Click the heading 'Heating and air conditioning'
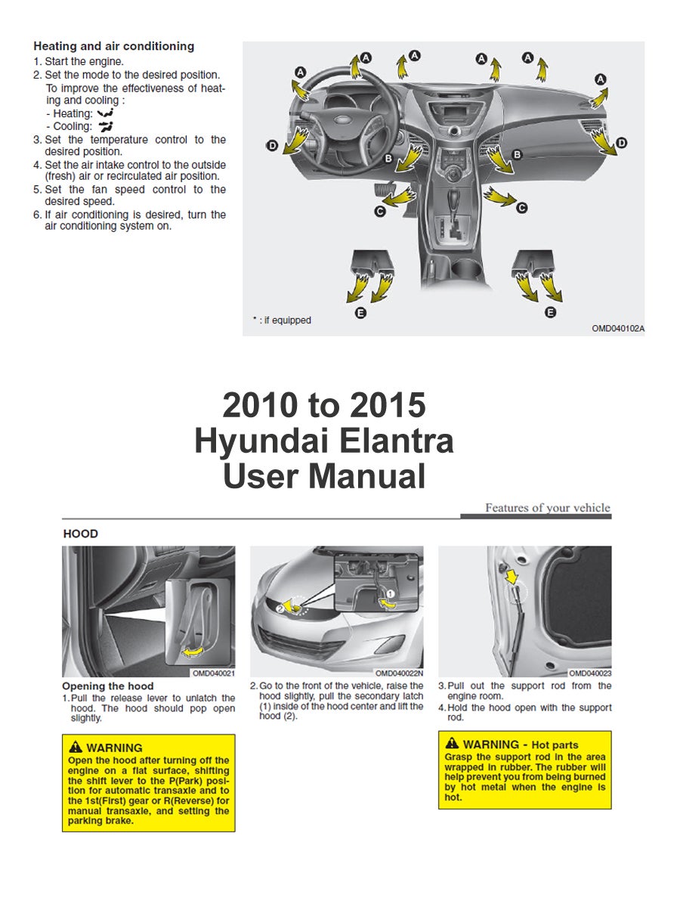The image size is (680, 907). (113, 46)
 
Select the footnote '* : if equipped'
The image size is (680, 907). (282, 320)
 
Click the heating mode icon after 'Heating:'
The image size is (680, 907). (106, 113)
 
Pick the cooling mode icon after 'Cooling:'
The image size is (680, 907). (105, 126)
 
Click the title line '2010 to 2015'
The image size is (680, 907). (323, 406)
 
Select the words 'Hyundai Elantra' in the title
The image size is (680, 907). (323, 441)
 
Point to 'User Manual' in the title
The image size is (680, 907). (323, 477)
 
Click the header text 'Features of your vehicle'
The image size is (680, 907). (547, 508)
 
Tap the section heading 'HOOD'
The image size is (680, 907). (81, 534)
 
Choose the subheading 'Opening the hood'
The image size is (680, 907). (108, 686)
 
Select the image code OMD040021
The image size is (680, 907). (213, 673)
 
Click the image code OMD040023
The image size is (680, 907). (589, 673)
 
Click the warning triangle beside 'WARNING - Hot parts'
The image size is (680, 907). (452, 744)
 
